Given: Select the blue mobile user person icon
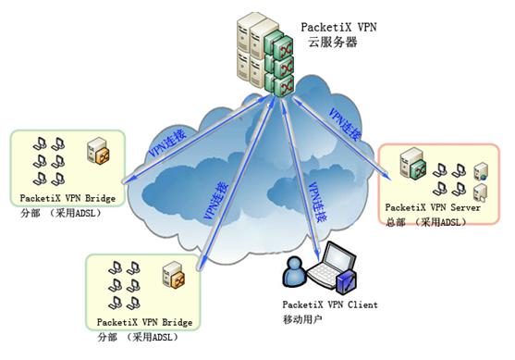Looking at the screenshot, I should tap(293, 272).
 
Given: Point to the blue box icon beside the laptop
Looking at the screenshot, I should tap(346, 277).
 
